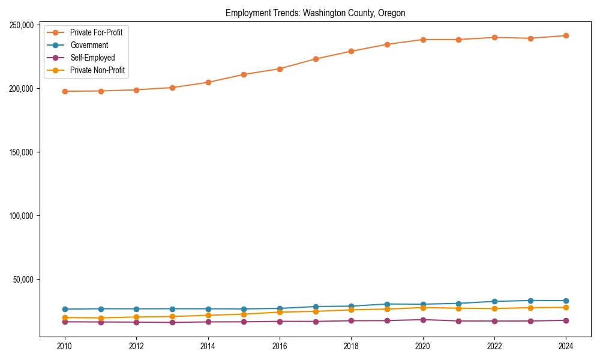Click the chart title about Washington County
[315, 13]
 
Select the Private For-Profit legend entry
[96, 32]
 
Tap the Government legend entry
[89, 45]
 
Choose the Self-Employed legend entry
[92, 58]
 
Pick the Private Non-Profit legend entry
[97, 70]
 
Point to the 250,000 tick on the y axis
[22, 25]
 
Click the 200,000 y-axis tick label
[22, 88]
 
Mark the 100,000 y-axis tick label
[22, 215]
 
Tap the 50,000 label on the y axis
[23, 279]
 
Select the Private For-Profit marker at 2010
[65, 91]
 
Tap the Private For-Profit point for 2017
[316, 59]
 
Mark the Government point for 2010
[65, 309]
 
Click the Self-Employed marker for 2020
[423, 320]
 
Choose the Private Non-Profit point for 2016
[280, 312]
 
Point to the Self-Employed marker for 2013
[172, 322]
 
